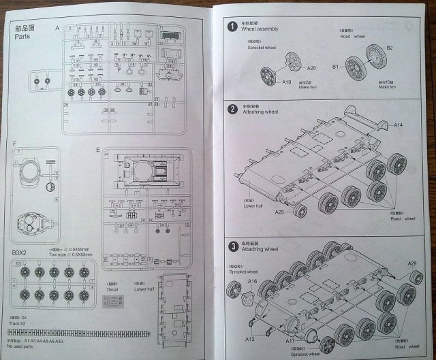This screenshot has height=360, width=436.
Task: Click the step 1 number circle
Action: tap(233, 26)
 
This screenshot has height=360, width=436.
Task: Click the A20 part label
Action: tap(311, 68)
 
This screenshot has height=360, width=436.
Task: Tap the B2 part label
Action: tap(390, 47)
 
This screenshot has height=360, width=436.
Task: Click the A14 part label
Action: tap(399, 125)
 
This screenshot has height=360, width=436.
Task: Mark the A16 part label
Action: tap(252, 281)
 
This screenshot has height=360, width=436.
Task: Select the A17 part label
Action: tap(290, 340)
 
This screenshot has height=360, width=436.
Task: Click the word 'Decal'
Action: tap(113, 289)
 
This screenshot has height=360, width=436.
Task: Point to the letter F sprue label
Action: tap(14, 144)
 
